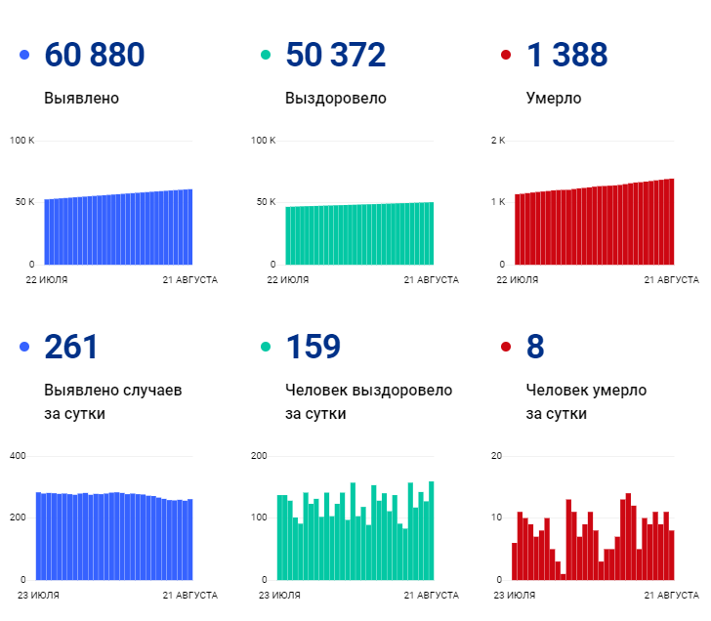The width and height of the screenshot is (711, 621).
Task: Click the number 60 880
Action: pyautogui.click(x=94, y=56)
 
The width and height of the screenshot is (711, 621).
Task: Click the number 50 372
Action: pyautogui.click(x=335, y=56)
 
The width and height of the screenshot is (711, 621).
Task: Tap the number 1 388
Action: pyautogui.click(x=566, y=56)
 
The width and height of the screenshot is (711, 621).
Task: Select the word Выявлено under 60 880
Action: pyautogui.click(x=82, y=99)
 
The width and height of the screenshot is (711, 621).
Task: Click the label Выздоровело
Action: pyautogui.click(x=335, y=99)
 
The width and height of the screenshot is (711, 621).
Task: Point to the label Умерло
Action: pyautogui.click(x=554, y=99)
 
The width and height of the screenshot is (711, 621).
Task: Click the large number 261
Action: pyautogui.click(x=71, y=347)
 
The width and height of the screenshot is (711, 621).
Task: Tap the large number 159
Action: pyautogui.click(x=313, y=347)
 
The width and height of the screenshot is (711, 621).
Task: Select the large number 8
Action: pyautogui.click(x=535, y=347)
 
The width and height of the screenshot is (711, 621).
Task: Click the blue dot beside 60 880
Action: pyautogui.click(x=24, y=56)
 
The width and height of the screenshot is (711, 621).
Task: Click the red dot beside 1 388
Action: pyautogui.click(x=506, y=56)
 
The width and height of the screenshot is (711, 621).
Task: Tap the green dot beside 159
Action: pyautogui.click(x=265, y=348)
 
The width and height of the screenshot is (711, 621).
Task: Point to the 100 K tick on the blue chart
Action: pyautogui.click(x=21, y=141)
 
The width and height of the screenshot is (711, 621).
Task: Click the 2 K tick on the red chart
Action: pyautogui.click(x=497, y=141)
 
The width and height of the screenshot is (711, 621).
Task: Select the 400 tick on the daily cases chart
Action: pyautogui.click(x=18, y=456)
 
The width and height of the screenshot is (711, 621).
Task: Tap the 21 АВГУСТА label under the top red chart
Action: pyautogui.click(x=671, y=280)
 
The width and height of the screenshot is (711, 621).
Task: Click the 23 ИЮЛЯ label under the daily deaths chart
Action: pyautogui.click(x=515, y=595)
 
